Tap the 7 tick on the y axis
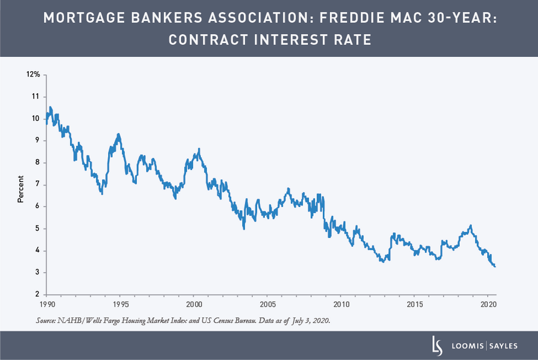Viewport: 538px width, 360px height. (37, 184)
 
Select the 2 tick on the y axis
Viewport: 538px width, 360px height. (37, 294)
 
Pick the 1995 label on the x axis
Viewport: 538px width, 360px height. (119, 304)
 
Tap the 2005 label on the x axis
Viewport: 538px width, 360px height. (267, 304)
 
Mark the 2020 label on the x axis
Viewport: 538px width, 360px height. (488, 304)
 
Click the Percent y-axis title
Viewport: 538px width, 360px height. (20, 188)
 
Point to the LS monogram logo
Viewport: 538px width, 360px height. (437, 345)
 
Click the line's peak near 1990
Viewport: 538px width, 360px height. (50, 107)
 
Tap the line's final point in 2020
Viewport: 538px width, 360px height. (495, 267)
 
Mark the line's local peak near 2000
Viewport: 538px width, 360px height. (199, 149)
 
